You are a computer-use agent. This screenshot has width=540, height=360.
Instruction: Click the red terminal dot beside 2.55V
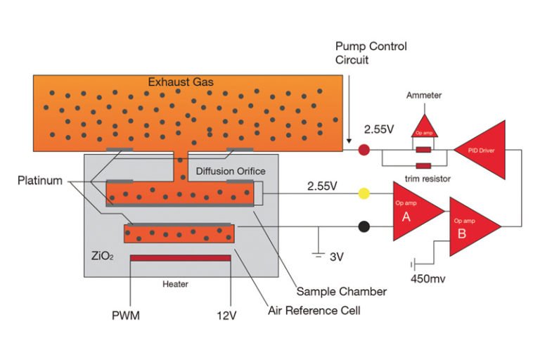pos(364,149)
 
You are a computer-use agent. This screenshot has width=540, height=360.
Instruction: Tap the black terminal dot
pos(364,227)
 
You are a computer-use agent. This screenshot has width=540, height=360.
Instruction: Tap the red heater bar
pos(180,257)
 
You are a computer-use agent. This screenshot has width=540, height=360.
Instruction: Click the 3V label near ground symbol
pos(336,257)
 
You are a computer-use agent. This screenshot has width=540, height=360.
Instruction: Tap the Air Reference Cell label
pos(315,310)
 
